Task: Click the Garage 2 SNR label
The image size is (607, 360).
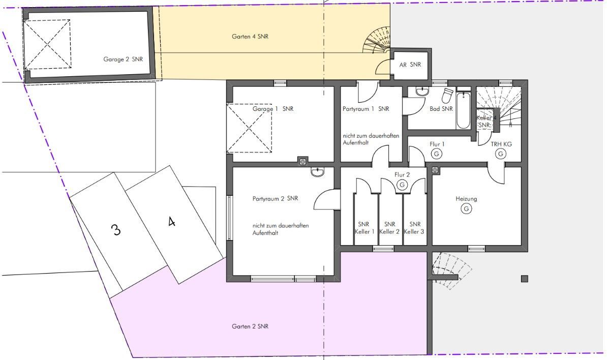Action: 123,59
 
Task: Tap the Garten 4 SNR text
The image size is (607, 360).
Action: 250,37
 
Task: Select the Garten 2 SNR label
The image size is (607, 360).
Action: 250,326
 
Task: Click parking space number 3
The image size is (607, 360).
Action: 116,230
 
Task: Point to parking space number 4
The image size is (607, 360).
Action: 172,222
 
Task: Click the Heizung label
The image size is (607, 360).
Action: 466,199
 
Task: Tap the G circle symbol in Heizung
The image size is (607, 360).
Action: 466,209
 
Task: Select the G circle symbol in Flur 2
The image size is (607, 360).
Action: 402,185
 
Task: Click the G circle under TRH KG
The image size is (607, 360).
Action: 501,154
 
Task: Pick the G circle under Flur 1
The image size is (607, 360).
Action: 437,154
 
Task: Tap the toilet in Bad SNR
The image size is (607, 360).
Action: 447,96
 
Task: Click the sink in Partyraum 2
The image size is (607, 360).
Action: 317,172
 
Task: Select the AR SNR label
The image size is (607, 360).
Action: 410,65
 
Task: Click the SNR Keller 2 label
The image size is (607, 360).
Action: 389,228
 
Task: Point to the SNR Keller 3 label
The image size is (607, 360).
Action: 414,228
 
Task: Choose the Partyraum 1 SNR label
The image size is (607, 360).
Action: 366,109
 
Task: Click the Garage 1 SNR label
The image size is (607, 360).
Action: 273,109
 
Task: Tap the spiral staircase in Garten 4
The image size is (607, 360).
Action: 376,40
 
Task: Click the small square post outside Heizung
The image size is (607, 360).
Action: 525,279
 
